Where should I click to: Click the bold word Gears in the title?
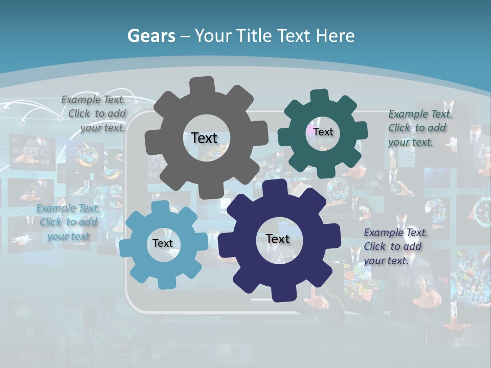(x=151, y=36)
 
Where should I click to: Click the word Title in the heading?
(x=255, y=36)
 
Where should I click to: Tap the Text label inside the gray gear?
(x=204, y=138)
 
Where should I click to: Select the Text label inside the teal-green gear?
(x=323, y=132)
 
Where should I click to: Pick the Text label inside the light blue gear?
(x=163, y=243)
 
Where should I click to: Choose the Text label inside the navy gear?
(x=278, y=239)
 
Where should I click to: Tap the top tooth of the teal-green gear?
(x=320, y=98)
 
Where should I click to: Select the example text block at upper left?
(x=95, y=114)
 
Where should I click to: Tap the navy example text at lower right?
(x=395, y=246)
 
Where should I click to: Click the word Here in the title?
(x=336, y=36)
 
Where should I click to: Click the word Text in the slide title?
(x=295, y=36)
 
